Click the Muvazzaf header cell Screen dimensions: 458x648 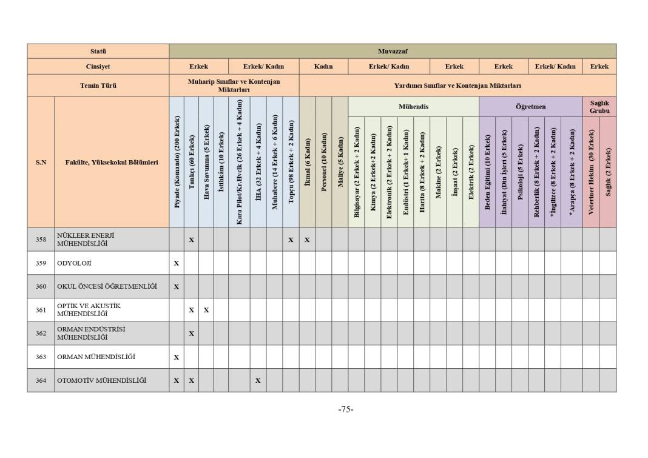coord(392,51)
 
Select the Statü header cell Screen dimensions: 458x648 coord(98,51)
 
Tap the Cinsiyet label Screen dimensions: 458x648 coord(98,66)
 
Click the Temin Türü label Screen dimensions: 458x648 coord(98,86)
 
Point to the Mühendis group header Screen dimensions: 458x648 coord(413,106)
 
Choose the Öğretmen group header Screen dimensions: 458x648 coord(530,106)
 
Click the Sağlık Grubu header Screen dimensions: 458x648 coord(599,107)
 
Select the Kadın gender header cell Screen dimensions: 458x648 coord(323,66)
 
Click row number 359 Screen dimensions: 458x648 coord(41,263)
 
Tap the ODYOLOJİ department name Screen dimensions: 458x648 coord(74,263)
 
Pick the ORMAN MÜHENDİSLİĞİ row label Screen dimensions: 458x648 coord(96,357)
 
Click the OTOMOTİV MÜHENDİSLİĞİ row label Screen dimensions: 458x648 coord(101,380)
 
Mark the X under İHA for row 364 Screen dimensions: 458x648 coord(258,381)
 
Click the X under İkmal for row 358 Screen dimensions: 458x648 coord(307,240)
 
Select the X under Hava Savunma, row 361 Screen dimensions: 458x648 coord(206,310)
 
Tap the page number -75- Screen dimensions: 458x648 coord(346,409)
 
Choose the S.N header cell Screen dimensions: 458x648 coord(41,162)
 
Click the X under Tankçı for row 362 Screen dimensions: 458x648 coord(191,334)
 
